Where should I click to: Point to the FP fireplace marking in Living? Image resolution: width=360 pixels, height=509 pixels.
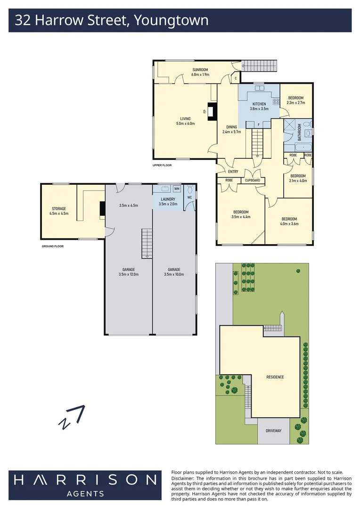205,112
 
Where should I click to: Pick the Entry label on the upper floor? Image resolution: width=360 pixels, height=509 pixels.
233,172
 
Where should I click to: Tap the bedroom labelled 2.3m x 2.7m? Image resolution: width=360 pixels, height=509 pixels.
296,100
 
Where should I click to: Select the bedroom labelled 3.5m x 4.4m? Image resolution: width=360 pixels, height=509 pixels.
240,214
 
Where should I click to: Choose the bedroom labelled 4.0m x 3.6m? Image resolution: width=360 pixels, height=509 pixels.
289,221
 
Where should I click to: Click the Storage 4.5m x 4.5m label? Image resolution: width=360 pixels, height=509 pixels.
59,211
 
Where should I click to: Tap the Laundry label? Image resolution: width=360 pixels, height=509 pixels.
167,201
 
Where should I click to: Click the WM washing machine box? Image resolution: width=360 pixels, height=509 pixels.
177,189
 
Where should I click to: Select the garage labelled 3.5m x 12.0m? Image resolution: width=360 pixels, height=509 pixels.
129,271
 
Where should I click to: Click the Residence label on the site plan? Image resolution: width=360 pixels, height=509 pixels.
275,377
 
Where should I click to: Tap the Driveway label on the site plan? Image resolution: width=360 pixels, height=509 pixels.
273,431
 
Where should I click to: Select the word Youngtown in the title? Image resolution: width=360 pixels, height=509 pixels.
172,20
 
